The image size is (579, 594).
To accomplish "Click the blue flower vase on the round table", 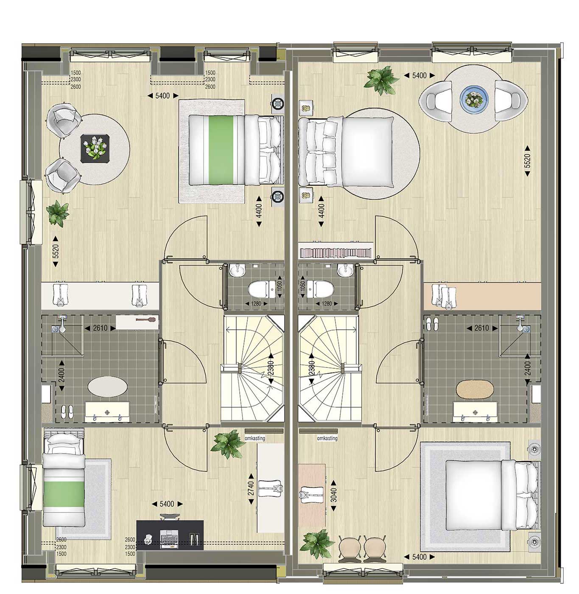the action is [474, 99].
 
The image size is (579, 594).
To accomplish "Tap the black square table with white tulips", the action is [95, 148].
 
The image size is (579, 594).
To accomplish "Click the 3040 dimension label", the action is [333, 495].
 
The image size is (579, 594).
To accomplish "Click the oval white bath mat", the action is [107, 386].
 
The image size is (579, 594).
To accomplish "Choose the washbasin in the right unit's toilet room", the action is [345, 270].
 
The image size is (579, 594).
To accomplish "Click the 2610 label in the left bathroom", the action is [100, 328].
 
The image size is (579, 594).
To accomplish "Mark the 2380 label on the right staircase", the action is [311, 368].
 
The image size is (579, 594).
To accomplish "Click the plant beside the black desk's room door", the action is [227, 444].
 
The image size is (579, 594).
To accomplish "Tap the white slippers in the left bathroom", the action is [67, 412].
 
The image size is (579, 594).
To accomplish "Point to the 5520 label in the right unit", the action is [527, 160].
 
